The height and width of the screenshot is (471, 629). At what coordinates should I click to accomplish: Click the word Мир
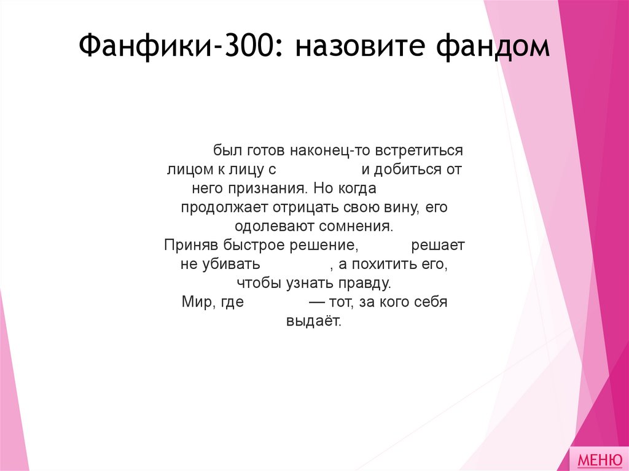(197, 302)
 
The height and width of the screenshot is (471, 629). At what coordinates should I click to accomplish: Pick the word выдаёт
(313, 321)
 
